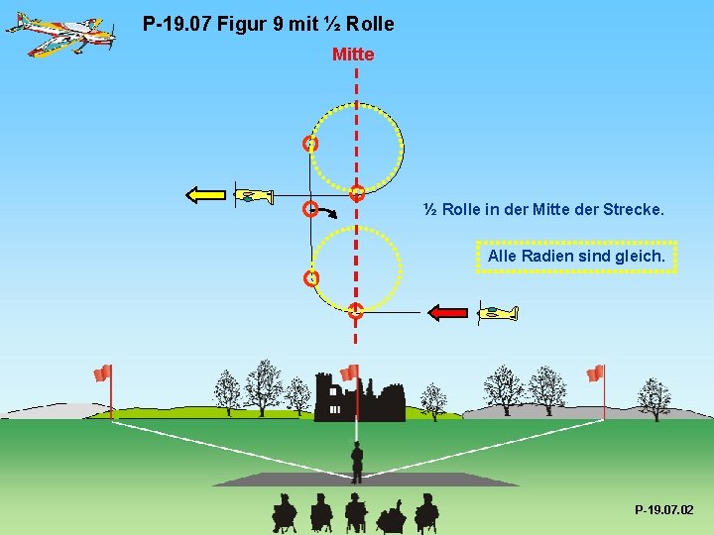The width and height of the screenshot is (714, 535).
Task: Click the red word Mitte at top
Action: (353, 54)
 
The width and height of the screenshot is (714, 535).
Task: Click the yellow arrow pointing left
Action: (207, 194)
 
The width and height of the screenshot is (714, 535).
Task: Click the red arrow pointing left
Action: (447, 312)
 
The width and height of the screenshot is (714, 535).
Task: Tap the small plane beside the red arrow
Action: (497, 313)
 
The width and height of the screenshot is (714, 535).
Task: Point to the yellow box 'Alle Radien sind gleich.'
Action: (576, 257)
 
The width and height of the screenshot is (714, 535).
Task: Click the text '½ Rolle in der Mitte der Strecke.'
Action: (543, 210)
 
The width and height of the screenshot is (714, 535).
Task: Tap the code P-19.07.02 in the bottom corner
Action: (663, 509)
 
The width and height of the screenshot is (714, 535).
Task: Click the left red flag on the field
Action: (102, 373)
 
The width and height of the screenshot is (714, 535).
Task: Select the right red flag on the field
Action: (595, 373)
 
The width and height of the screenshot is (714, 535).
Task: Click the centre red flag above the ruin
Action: (349, 373)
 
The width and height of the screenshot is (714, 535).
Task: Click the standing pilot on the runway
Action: (357, 461)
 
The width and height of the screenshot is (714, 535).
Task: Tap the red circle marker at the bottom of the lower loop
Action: (355, 311)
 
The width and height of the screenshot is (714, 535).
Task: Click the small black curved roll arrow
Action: (328, 211)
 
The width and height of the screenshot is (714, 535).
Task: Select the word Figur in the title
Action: (244, 23)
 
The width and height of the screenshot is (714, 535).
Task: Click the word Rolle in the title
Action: (370, 23)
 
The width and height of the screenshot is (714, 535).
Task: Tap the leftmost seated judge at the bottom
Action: (285, 512)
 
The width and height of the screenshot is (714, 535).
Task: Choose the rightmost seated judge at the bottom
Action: (426, 512)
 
